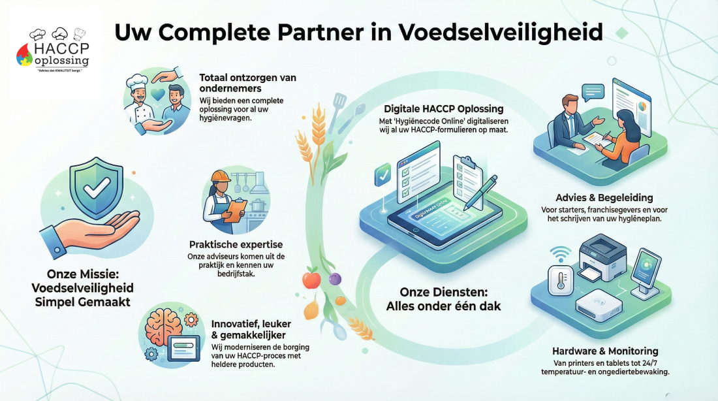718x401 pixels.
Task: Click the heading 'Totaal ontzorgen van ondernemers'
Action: (x=247, y=83)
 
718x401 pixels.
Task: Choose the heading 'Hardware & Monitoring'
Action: (x=605, y=351)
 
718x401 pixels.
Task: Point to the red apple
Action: (x=311, y=279)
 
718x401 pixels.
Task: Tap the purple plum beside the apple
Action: (x=336, y=278)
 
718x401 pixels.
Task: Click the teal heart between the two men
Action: (x=156, y=95)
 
